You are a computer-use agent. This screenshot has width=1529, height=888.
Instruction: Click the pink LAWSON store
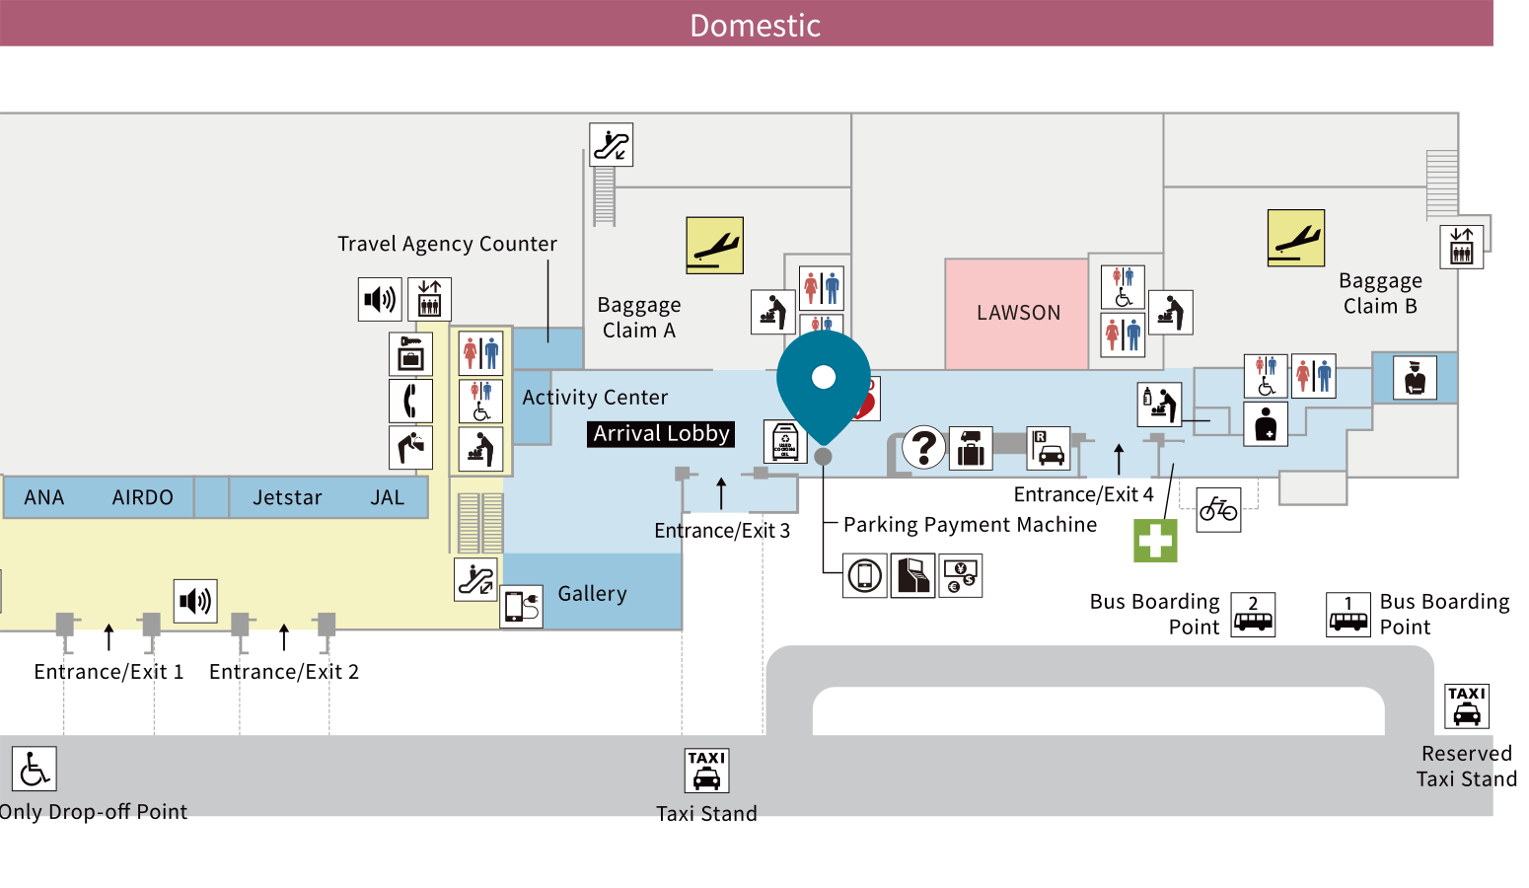pyautogui.click(x=1017, y=313)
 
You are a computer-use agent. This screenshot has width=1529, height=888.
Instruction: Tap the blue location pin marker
pyautogui.click(x=824, y=380)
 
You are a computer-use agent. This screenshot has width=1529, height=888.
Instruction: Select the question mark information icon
pyautogui.click(x=924, y=447)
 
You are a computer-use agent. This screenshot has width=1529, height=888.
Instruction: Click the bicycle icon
pyautogui.click(x=1218, y=510)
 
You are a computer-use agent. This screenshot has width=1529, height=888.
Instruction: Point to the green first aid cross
pyautogui.click(x=1155, y=541)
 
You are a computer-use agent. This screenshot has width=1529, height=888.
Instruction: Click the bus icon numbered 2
pyautogui.click(x=1253, y=615)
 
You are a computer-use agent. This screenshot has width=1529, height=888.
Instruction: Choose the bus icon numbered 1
pyautogui.click(x=1348, y=615)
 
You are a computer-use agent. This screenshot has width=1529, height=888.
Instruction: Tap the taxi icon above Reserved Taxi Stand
pyautogui.click(x=1467, y=706)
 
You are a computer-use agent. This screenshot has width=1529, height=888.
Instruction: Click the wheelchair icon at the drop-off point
pyautogui.click(x=35, y=769)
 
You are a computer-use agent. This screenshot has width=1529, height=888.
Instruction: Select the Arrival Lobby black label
pyautogui.click(x=661, y=434)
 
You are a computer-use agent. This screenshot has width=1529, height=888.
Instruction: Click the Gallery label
pyautogui.click(x=592, y=594)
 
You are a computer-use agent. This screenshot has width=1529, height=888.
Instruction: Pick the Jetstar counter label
pyautogui.click(x=287, y=498)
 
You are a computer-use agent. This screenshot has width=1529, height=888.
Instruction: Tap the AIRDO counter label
pyautogui.click(x=142, y=498)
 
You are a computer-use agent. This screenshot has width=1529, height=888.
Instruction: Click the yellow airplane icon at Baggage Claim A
pyautogui.click(x=714, y=245)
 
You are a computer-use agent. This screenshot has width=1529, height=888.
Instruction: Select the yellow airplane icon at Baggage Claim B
pyautogui.click(x=1295, y=238)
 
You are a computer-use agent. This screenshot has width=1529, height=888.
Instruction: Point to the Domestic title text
pyautogui.click(x=755, y=25)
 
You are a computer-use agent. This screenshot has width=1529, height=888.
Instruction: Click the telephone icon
pyautogui.click(x=410, y=401)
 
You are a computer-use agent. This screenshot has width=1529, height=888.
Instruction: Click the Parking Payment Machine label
pyautogui.click(x=970, y=525)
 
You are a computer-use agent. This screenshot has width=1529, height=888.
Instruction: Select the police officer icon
pyautogui.click(x=1415, y=378)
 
